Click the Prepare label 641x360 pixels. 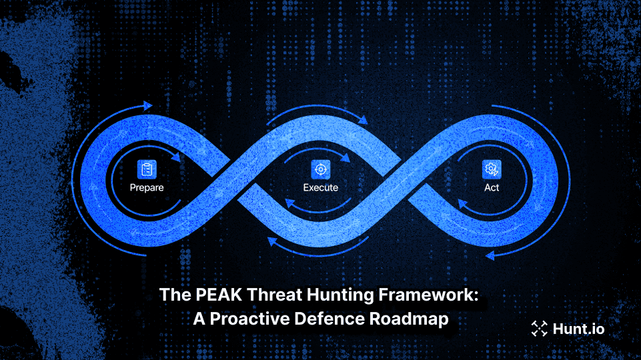(147, 187)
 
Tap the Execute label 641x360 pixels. (321, 187)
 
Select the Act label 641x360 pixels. (492, 187)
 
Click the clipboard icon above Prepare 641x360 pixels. (146, 169)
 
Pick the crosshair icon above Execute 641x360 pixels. (321, 169)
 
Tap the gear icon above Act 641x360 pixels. (492, 169)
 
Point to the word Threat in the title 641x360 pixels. (261, 295)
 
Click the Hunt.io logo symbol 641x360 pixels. (538, 327)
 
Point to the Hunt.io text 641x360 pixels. (578, 327)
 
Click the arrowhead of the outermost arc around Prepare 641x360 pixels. (147, 105)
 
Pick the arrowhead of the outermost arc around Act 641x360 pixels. (490, 254)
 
